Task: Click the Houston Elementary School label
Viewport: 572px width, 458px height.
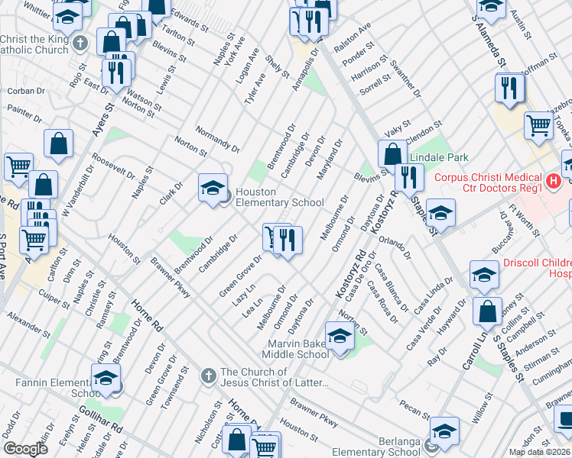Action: (x=268, y=197)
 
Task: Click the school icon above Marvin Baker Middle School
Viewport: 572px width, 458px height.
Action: (x=340, y=335)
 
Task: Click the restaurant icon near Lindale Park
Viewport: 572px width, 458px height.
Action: (x=410, y=177)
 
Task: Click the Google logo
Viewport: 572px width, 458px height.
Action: (x=25, y=449)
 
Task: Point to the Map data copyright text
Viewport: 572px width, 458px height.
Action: (x=539, y=452)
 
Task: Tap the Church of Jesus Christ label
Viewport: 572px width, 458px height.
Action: (x=274, y=377)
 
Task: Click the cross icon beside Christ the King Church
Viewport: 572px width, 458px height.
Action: (x=83, y=45)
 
